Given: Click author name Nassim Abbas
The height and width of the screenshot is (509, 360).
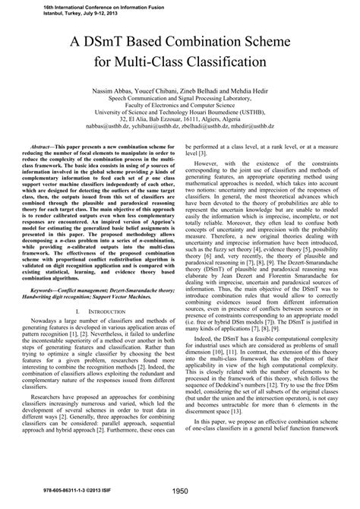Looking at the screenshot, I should coord(111,89).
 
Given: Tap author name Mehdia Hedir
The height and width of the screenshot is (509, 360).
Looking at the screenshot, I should coord(246,89).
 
